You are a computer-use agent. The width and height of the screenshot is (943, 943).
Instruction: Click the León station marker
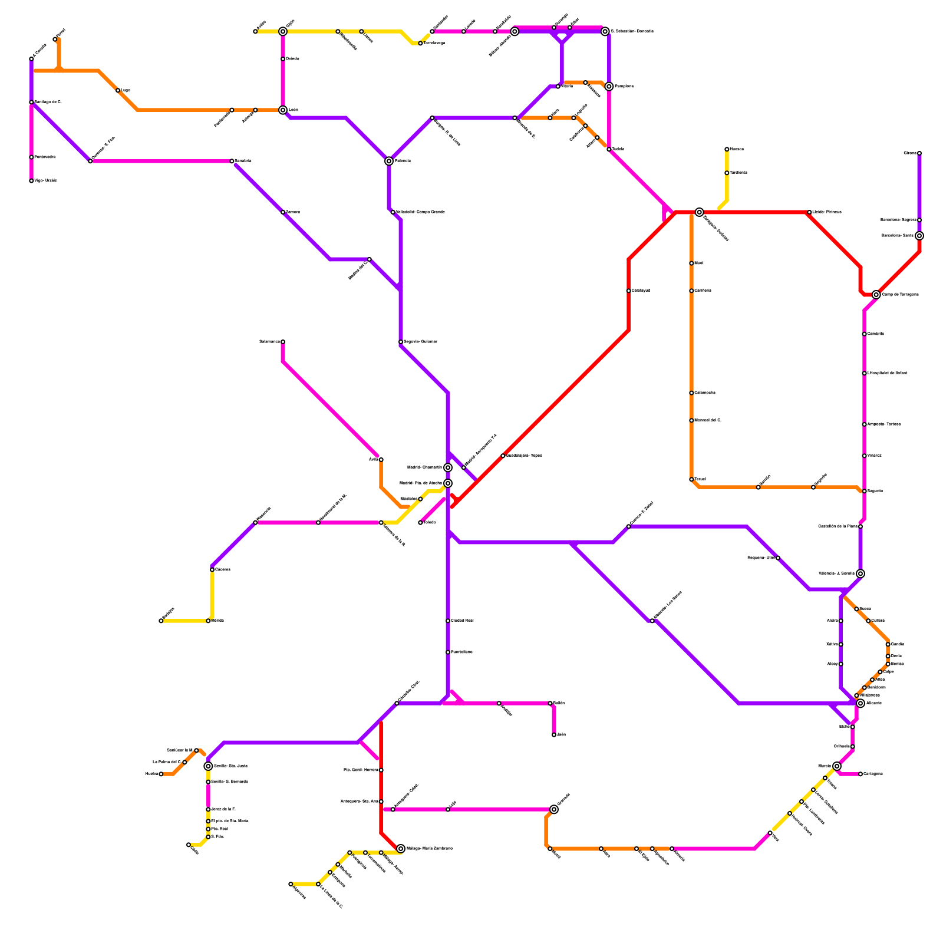(x=283, y=110)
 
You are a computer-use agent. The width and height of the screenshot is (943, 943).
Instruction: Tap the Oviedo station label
(x=293, y=59)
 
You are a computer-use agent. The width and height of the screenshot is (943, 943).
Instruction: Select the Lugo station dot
(x=118, y=91)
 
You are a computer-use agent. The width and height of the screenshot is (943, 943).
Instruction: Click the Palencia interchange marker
(x=389, y=161)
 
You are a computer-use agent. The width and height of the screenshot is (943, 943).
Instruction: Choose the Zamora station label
(x=293, y=212)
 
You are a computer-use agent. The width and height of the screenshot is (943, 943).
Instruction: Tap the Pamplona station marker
(x=609, y=87)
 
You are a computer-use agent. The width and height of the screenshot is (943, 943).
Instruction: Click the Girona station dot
(x=919, y=153)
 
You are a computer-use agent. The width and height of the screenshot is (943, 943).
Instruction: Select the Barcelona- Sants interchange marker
(x=919, y=236)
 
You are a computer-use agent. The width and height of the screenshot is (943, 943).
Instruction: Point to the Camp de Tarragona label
(x=900, y=295)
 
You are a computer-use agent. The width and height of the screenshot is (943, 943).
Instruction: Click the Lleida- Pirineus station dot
(x=809, y=212)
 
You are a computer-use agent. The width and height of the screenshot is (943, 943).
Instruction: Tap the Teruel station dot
(x=691, y=480)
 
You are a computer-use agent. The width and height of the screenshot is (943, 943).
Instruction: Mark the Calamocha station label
(x=705, y=393)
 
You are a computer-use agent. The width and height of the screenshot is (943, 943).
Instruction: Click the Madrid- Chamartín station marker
(x=448, y=468)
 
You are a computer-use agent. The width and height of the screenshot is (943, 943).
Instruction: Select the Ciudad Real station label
(x=462, y=621)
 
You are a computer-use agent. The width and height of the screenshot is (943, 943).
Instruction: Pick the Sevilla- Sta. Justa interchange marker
(x=208, y=766)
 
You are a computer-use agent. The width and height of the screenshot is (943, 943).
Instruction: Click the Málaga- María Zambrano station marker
(x=401, y=849)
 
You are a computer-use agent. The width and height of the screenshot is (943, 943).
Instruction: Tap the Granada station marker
(x=554, y=810)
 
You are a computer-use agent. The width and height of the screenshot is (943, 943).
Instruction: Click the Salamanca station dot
(x=283, y=342)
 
